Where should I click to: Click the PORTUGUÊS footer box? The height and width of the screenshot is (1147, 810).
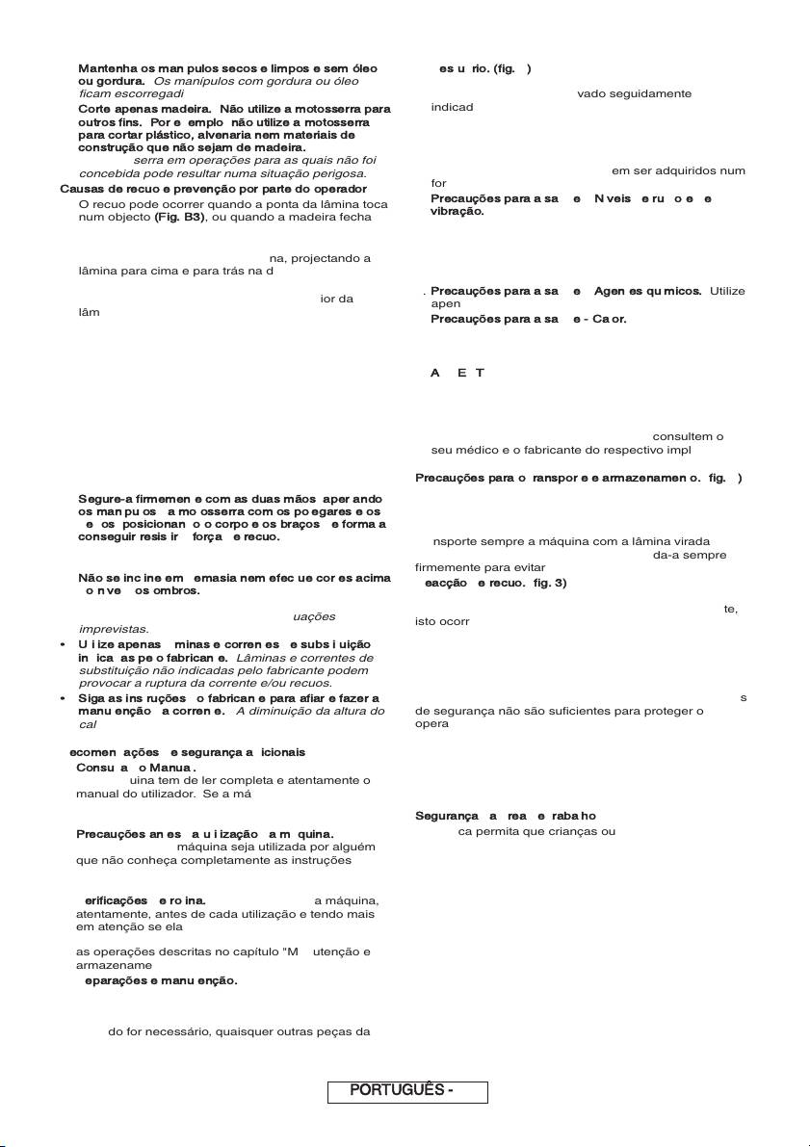pyautogui.click(x=407, y=1091)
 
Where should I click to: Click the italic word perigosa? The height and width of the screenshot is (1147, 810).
pyautogui.click(x=336, y=174)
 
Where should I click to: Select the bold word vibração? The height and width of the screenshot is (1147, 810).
pyautogui.click(x=457, y=210)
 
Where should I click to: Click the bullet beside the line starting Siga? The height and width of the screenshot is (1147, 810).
pyautogui.click(x=63, y=698)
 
